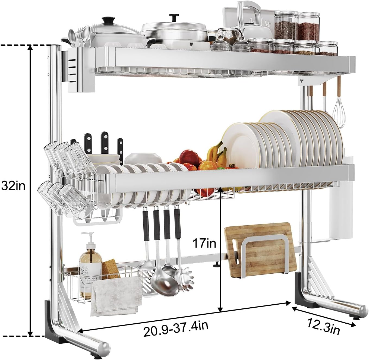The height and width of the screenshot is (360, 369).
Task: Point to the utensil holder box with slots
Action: coord(79,71)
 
